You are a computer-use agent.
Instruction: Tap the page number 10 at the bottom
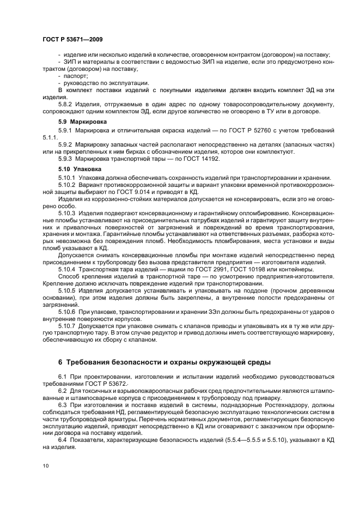(x=45, y=466)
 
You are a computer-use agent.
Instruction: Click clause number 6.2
(x=63, y=391)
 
